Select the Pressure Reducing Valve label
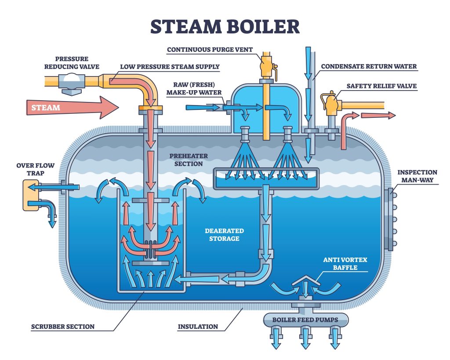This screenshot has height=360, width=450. pyautogui.click(x=72, y=62)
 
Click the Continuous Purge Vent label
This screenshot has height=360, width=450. pyautogui.click(x=210, y=50)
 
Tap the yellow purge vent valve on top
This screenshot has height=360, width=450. pyautogui.click(x=265, y=65)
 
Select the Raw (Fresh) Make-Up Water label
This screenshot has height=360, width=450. pyautogui.click(x=194, y=89)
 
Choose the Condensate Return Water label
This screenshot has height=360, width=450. pyautogui.click(x=369, y=67)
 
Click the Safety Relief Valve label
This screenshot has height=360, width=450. pyautogui.click(x=381, y=86)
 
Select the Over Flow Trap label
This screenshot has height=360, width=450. pyautogui.click(x=36, y=169)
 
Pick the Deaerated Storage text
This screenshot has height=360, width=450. pyautogui.click(x=224, y=235)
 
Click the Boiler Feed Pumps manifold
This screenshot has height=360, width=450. pyautogui.click(x=305, y=320)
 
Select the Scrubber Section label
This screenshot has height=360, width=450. pyautogui.click(x=63, y=327)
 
